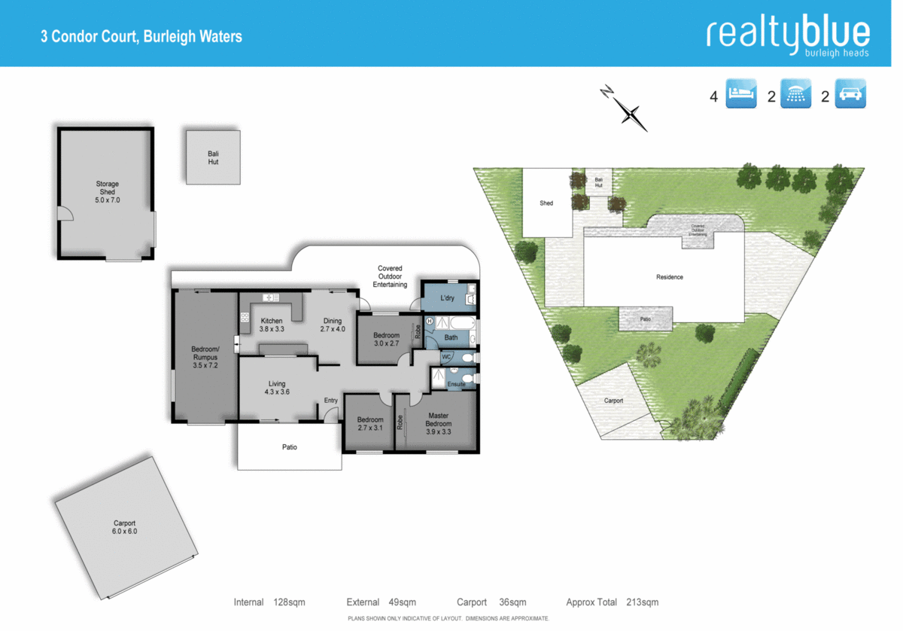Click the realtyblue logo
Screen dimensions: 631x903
click(x=788, y=35)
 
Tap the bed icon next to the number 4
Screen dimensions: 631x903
click(x=741, y=94)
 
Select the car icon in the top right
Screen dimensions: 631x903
click(x=850, y=94)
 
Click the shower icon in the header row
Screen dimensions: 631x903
click(x=796, y=94)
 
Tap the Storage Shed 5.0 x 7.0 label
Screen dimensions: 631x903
click(x=107, y=193)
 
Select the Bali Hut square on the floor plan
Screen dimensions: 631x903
click(x=214, y=157)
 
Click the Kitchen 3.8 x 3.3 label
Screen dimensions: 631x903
click(x=272, y=325)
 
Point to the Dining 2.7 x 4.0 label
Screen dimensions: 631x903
click(x=332, y=325)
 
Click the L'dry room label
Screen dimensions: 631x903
click(x=447, y=298)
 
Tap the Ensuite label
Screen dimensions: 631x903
click(x=456, y=384)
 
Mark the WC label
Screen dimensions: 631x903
click(x=446, y=356)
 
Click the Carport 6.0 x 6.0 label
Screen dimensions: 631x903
click(x=124, y=527)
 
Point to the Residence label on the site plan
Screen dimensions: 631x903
click(x=669, y=277)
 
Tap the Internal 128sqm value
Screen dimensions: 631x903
click(x=289, y=602)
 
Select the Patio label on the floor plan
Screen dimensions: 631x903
click(x=290, y=447)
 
